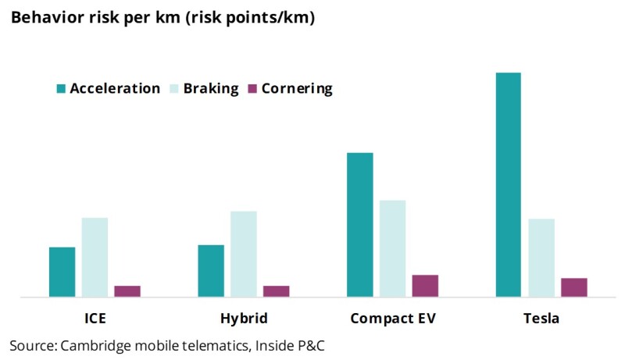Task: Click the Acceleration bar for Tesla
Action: click(x=509, y=185)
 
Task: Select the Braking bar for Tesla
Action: click(x=541, y=258)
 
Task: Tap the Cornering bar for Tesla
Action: click(x=574, y=287)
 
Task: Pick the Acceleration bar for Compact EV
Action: click(x=360, y=225)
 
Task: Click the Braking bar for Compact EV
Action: click(x=393, y=249)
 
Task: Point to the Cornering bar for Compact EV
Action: click(x=425, y=286)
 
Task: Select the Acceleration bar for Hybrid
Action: click(x=211, y=271)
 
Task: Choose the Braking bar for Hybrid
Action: click(x=244, y=254)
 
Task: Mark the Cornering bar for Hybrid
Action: click(x=277, y=291)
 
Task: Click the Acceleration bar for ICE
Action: click(x=62, y=273)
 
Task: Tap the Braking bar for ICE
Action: click(x=95, y=258)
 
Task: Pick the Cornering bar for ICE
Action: click(x=127, y=291)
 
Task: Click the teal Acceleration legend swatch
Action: click(x=61, y=88)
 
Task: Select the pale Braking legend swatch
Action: click(x=174, y=88)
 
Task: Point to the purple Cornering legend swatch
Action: click(x=252, y=88)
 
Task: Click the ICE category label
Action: click(x=95, y=318)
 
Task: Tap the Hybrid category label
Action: click(x=244, y=319)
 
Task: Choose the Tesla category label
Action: click(x=541, y=318)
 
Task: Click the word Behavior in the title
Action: click(x=45, y=17)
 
